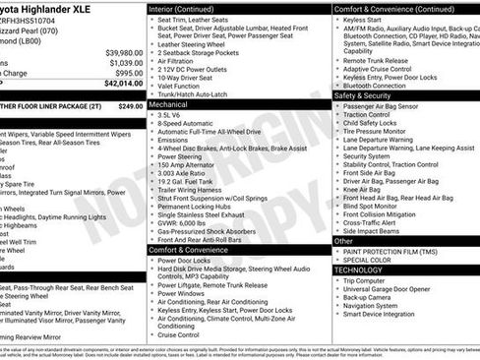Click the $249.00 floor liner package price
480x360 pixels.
click(x=130, y=106)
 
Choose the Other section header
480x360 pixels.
click(x=343, y=240)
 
